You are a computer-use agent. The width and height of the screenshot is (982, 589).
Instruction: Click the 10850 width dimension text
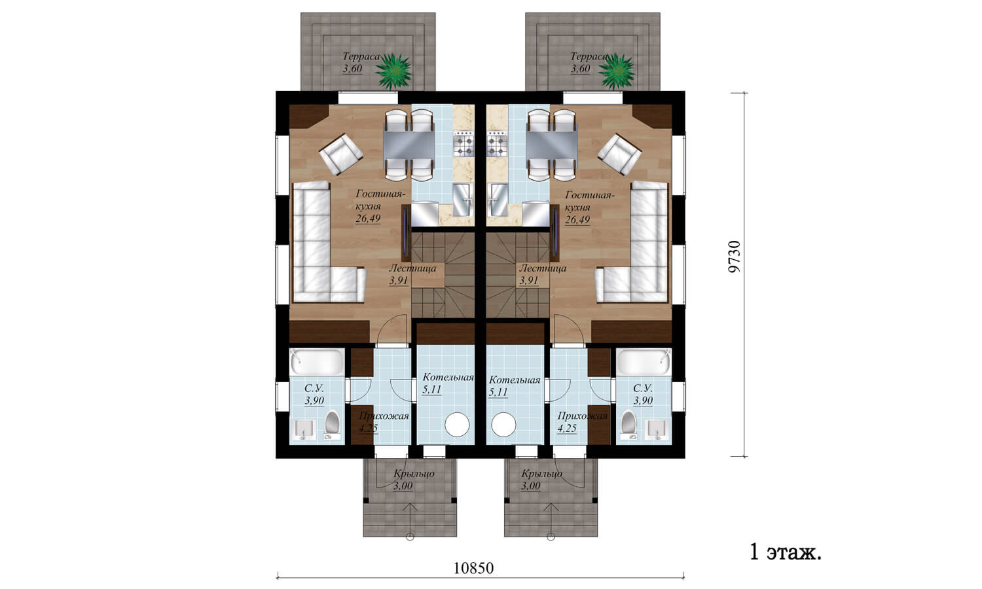tap(473, 568)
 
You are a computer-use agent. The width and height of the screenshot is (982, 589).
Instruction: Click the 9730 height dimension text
tap(734, 257)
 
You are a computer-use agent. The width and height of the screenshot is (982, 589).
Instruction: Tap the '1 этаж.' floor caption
tap(786, 552)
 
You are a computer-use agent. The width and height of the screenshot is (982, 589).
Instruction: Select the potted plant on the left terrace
tap(393, 71)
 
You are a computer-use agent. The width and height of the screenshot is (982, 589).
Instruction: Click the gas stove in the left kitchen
tap(464, 144)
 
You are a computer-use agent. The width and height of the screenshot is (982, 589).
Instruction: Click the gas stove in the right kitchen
tap(497, 144)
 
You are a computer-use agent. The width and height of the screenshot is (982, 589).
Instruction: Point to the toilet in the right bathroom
tap(629, 424)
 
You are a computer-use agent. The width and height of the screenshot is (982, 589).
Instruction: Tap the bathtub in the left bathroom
tap(317, 362)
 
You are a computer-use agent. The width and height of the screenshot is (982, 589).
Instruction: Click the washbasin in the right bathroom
tap(657, 429)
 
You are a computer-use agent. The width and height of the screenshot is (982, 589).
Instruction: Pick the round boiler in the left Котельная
tap(457, 424)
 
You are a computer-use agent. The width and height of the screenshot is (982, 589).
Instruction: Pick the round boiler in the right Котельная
tap(503, 424)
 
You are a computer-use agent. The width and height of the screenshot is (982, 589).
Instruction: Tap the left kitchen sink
tap(463, 200)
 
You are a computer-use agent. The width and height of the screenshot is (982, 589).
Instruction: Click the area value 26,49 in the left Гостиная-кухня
tap(368, 219)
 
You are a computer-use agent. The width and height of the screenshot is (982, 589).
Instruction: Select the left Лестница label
tap(412, 268)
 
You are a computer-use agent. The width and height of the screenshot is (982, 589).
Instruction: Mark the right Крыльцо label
tap(542, 473)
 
